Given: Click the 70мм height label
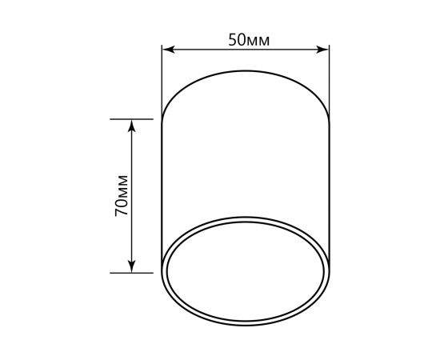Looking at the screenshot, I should (121, 195).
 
